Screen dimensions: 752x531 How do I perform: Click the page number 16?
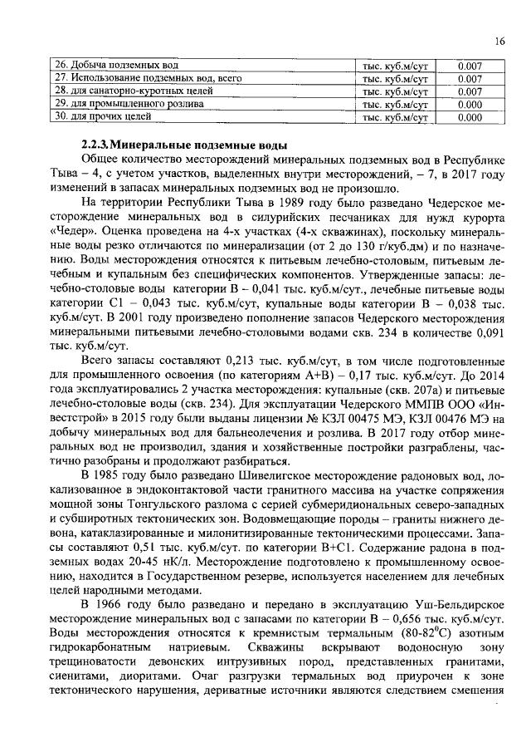[499, 42]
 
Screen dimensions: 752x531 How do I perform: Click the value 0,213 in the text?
[240, 359]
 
